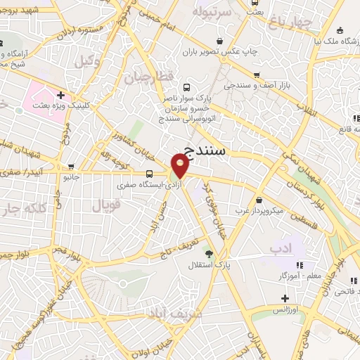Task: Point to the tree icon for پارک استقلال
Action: pyautogui.click(x=208, y=253)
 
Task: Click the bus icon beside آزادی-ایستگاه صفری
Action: pyautogui.click(x=149, y=174)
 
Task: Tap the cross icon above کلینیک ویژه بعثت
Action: pyautogui.click(x=61, y=94)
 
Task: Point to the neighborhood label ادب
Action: pyautogui.click(x=280, y=247)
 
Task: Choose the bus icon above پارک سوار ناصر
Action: pyautogui.click(x=186, y=87)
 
